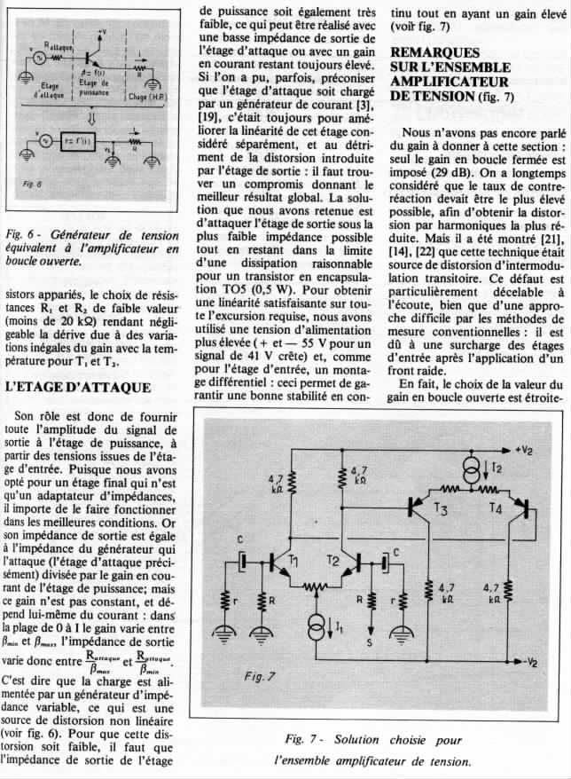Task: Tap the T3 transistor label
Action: click(442, 509)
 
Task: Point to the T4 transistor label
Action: click(497, 509)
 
